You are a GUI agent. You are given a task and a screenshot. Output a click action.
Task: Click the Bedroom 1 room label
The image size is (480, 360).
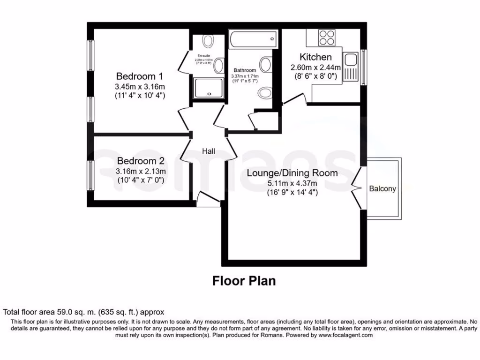coord(140,76)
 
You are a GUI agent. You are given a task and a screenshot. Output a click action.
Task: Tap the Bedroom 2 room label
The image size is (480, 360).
coord(140,160)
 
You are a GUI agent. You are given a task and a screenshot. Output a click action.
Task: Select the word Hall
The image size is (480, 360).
coord(208,151)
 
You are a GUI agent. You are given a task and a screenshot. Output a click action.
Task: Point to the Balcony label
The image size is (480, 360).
coord(382,189)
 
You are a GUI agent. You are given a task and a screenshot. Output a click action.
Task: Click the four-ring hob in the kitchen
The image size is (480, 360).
coord(327,37)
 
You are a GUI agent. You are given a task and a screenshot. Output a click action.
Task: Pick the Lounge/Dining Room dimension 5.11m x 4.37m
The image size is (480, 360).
coord(292,183)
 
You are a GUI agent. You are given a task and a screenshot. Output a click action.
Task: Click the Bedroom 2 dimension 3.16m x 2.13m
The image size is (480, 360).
coord(140,171)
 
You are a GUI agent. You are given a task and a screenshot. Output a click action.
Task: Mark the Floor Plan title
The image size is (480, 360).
coord(244,281)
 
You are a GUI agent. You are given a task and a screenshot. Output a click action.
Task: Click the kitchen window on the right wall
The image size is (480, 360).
coord(364,67)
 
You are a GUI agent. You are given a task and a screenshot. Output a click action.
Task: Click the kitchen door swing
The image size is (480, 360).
coord(294,99)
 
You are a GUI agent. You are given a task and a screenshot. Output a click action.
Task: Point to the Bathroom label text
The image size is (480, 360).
coord(245,70)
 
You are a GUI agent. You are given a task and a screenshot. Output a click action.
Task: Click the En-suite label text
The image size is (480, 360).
coord(203,56)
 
